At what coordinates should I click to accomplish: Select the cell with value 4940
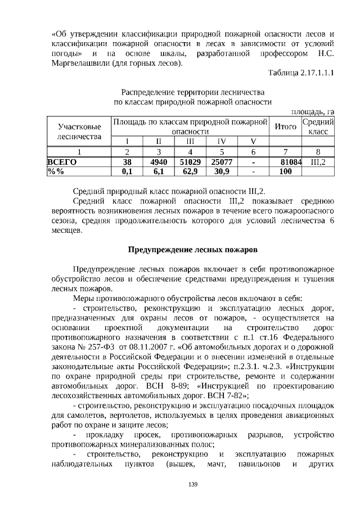click(x=159, y=162)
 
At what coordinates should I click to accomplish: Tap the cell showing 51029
click(x=191, y=162)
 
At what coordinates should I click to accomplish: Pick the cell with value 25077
click(x=222, y=162)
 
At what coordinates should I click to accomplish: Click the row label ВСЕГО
click(x=62, y=162)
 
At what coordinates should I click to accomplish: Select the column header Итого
click(x=285, y=127)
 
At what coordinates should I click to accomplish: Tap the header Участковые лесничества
click(x=80, y=132)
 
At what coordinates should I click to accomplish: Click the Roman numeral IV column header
click(x=222, y=141)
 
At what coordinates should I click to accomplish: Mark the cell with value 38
click(x=128, y=162)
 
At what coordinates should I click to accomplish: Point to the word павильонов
click(x=260, y=466)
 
